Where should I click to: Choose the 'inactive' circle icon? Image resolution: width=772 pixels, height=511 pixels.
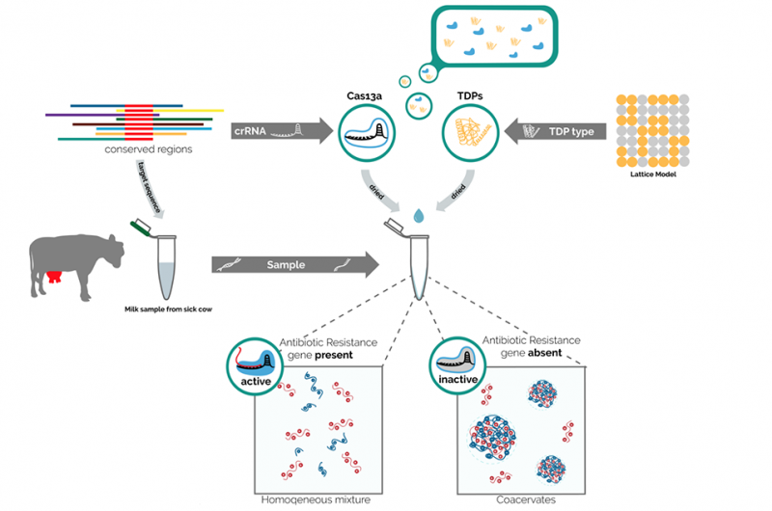point(452,363)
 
